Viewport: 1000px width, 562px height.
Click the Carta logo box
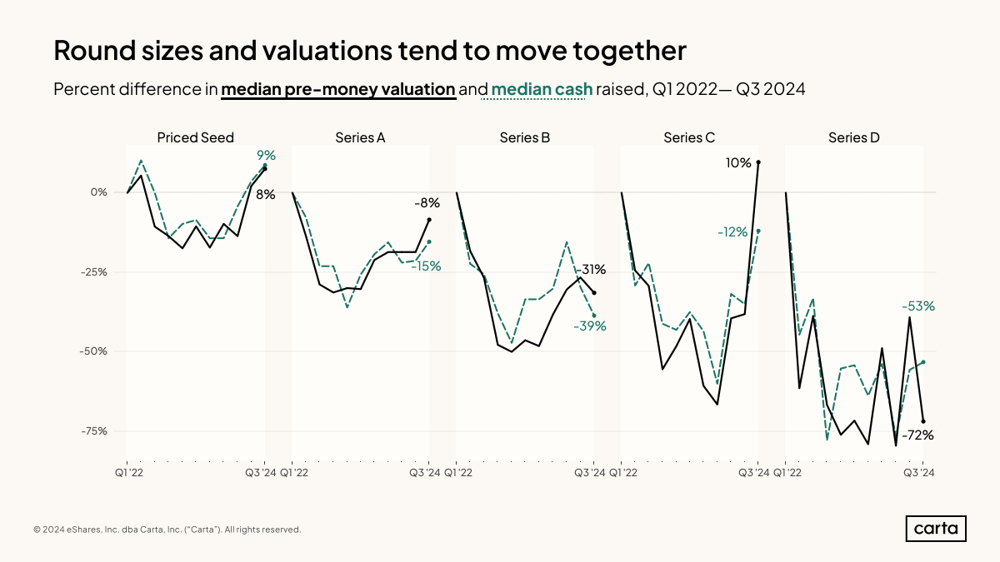pos(936,529)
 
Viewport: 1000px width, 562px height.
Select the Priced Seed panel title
pos(196,137)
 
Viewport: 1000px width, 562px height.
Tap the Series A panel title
pos(360,137)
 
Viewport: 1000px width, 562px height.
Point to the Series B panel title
pos(525,137)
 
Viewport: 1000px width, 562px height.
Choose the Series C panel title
pos(689,137)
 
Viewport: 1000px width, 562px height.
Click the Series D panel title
pos(854,137)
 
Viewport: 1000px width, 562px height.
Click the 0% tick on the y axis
pos(99,192)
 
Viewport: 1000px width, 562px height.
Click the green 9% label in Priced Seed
pos(266,155)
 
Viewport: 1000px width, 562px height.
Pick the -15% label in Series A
pos(425,266)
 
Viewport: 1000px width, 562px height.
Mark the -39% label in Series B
pos(590,326)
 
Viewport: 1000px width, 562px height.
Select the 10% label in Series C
pos(738,163)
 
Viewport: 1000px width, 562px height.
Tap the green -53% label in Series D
pos(918,306)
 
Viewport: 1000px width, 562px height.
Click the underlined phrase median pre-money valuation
pos(338,89)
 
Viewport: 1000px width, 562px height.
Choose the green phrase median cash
pos(542,89)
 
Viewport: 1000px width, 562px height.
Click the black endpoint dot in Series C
pos(758,162)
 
